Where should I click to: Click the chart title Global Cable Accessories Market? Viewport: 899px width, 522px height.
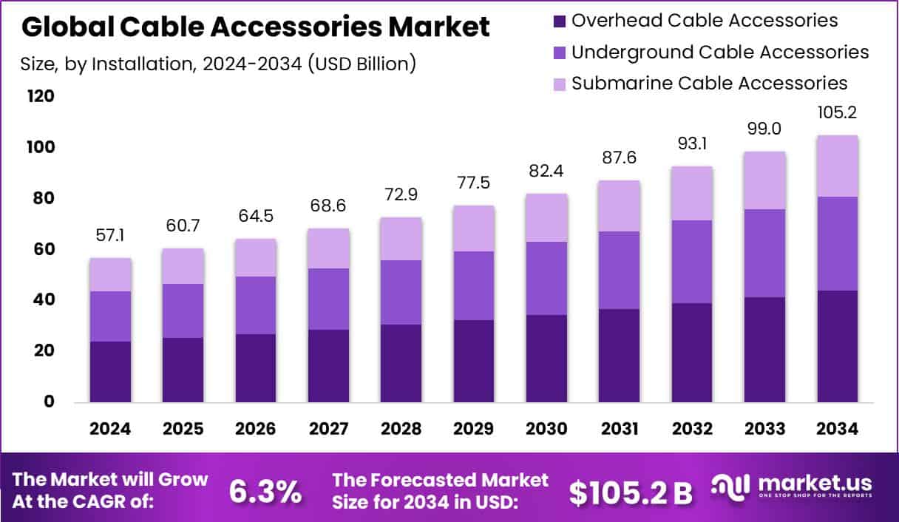[x=256, y=27]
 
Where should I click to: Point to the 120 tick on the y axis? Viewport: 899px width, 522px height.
[x=41, y=97]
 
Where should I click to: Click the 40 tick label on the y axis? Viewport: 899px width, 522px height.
[x=41, y=300]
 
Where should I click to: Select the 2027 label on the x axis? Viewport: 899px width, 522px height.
[x=328, y=430]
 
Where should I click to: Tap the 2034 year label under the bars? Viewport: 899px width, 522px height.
[x=837, y=430]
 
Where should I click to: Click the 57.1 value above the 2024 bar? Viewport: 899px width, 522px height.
[x=110, y=235]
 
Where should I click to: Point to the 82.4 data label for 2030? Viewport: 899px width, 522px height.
[x=546, y=171]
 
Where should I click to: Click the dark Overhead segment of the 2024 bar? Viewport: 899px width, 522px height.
[x=110, y=372]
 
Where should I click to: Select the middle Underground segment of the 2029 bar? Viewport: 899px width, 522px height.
[x=474, y=285]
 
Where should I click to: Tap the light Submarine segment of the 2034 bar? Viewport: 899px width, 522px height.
[x=838, y=166]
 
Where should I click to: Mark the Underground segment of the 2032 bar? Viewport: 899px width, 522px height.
[x=692, y=262]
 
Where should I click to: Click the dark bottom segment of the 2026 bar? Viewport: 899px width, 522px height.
[x=256, y=368]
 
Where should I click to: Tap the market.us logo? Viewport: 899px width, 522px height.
[x=791, y=487]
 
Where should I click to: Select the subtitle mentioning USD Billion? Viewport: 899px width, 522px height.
[x=218, y=64]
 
